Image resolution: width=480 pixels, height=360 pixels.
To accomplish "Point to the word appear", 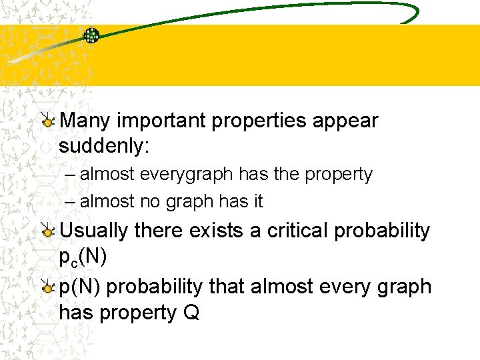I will click(350, 121).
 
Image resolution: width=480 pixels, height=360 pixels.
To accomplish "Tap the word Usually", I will click(94, 231).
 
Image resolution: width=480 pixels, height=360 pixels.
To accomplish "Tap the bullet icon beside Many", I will click(48, 121).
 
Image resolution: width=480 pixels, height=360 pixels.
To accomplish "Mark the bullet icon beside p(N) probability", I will click(48, 287).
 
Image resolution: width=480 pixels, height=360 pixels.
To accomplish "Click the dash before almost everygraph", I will click(71, 175).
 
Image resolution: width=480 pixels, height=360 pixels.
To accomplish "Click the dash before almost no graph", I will click(71, 201).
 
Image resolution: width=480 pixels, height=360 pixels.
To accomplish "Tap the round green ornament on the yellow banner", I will click(91, 35).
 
